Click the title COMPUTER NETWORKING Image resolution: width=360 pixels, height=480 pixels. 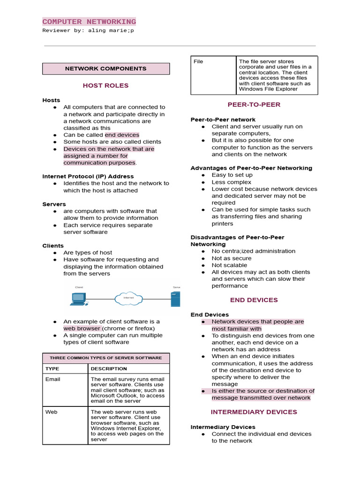coord(89,22)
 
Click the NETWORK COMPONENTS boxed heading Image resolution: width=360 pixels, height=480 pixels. coord(105,68)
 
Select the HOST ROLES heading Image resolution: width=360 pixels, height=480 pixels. coord(105,86)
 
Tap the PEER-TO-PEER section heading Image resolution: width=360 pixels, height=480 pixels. coord(254,105)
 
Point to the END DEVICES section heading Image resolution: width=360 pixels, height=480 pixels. coord(254,300)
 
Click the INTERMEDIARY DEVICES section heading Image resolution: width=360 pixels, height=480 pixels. coord(254,412)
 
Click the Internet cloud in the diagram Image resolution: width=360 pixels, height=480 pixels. coord(128,298)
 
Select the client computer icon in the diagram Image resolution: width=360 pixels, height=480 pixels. coord(78,299)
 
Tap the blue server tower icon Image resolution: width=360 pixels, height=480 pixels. coord(175,299)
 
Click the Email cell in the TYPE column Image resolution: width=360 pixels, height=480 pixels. coord(53,379)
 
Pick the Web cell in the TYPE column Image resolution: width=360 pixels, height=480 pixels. coord(52,412)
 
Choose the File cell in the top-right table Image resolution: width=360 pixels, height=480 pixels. coord(198,61)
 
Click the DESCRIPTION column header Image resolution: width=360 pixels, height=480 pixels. coord(109,368)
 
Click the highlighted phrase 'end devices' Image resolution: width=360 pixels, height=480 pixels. coord(122,135)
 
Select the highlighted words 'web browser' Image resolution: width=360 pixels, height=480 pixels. coord(82,329)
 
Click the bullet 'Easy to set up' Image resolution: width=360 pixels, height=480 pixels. coord(232,175)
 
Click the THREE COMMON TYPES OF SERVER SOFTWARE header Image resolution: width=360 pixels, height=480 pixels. coord(105,358)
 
